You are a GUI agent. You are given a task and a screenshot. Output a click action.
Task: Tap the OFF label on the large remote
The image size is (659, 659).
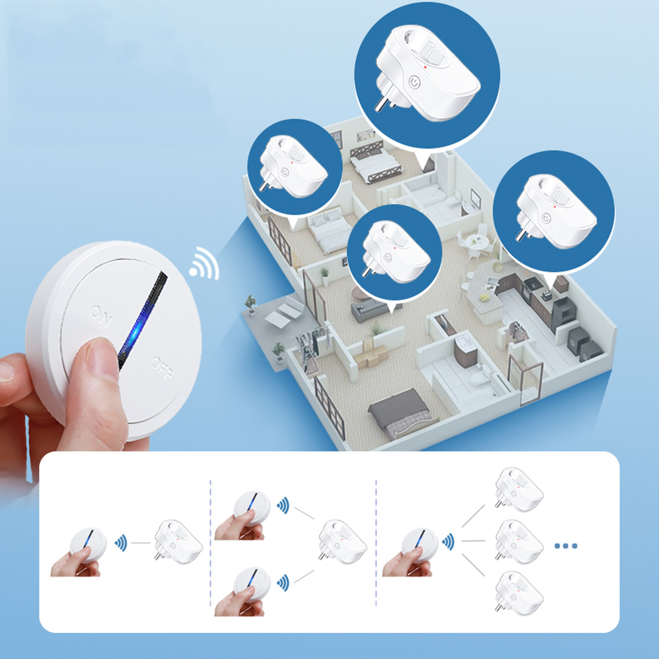click(163, 368)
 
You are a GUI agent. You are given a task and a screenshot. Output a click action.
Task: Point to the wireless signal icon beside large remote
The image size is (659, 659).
click(205, 264)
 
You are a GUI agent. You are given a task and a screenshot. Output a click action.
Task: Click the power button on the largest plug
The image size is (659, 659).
click(415, 82)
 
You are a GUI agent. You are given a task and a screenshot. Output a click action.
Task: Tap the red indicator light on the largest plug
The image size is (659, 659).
click(425, 67)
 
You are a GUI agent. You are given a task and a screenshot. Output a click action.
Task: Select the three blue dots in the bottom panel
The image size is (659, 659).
click(566, 546)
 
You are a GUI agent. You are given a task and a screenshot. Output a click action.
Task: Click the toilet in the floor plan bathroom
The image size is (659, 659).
click(478, 377)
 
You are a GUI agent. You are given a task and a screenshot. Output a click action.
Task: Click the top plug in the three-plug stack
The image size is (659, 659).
click(519, 489)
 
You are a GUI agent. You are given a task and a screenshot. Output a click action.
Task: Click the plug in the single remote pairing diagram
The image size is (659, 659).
click(178, 541)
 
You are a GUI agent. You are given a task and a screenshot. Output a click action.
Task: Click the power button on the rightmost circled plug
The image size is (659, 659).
click(546, 217)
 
